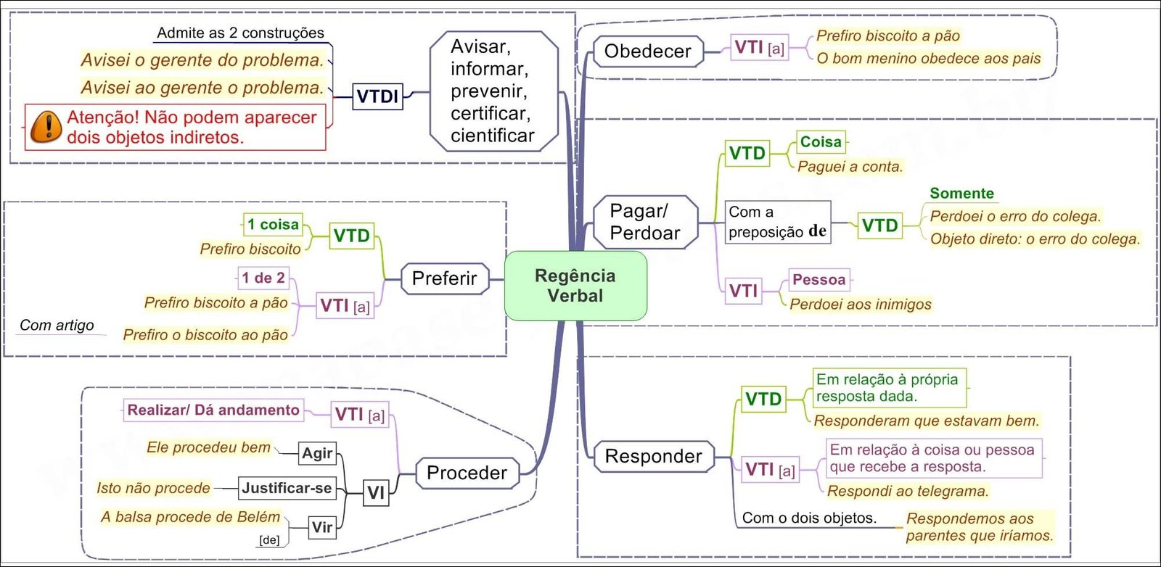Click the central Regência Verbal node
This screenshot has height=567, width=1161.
(x=575, y=286)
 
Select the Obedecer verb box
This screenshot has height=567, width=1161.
(x=647, y=51)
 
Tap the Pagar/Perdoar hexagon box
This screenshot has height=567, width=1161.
(x=645, y=222)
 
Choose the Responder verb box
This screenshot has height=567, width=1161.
(x=653, y=456)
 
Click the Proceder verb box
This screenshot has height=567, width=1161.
(x=467, y=473)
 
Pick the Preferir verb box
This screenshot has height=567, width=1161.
(x=444, y=278)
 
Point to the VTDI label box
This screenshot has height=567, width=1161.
(x=377, y=96)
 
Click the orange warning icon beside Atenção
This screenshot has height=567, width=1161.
(x=46, y=127)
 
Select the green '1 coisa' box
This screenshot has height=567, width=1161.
(x=272, y=225)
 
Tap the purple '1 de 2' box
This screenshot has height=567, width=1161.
(x=263, y=278)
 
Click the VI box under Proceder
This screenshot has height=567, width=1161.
(x=375, y=493)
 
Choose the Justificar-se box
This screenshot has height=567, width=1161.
(x=287, y=488)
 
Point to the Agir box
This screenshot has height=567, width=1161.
(x=317, y=454)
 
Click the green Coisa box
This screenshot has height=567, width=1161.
(x=821, y=142)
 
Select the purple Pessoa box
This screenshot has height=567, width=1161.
(x=819, y=280)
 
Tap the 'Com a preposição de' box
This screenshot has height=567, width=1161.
(x=777, y=223)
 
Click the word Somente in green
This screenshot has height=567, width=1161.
(x=961, y=194)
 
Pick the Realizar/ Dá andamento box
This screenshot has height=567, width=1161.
(x=213, y=410)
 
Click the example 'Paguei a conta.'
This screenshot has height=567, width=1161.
(x=850, y=167)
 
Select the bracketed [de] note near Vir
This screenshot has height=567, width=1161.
(x=269, y=540)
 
